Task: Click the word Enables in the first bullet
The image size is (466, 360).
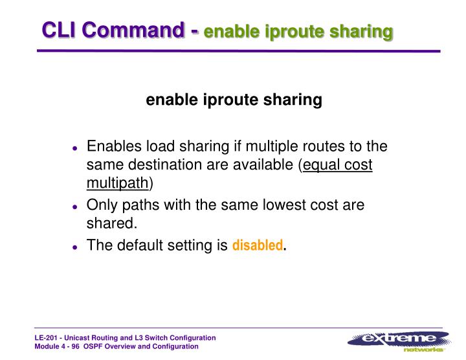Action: click(113, 146)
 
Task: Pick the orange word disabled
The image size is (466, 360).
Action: click(257, 246)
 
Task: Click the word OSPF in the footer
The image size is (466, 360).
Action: click(103, 347)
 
